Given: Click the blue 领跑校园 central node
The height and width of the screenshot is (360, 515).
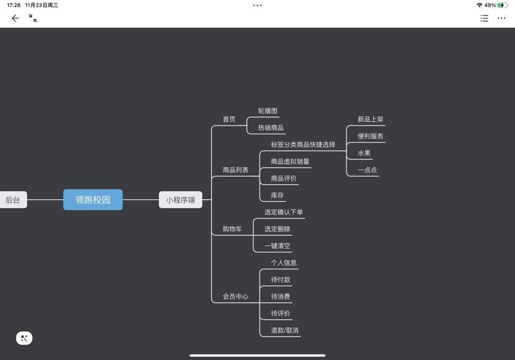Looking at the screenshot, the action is coord(93,200).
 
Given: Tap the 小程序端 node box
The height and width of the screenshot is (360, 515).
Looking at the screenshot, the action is coord(180,200).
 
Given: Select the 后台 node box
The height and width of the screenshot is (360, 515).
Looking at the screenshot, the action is coord(13,200).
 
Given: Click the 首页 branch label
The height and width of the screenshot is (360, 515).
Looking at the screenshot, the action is coord(229,119).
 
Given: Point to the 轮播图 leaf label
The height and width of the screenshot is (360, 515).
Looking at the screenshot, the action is coord(267,111).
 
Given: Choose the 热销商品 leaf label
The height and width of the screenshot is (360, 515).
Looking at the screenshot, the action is coord(271,128).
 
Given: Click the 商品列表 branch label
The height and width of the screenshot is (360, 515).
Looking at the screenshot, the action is coord(236,170).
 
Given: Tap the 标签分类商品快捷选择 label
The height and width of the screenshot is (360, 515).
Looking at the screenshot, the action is coord(303,145).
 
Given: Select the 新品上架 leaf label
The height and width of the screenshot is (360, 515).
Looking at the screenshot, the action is coord(371,119).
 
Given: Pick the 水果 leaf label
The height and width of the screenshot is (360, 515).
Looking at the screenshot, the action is coord(364,153).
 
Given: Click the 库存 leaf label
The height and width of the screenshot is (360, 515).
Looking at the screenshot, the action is coord(277,195).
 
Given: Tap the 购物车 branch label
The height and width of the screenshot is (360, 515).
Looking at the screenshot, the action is coord(232,229).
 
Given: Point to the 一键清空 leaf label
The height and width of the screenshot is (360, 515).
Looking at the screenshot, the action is coord(277,246).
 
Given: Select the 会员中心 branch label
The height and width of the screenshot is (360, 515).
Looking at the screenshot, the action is coord(236,296).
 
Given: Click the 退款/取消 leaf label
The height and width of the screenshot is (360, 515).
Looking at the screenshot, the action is coord(284,330).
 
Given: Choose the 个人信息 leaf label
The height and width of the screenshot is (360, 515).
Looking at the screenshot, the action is coord(284,263).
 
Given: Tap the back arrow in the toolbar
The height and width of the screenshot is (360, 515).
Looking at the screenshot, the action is coord(16,18).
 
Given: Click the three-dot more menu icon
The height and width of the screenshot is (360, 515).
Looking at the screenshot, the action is coord(502,18).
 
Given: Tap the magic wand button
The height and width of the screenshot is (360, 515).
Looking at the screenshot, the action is coord(24,338).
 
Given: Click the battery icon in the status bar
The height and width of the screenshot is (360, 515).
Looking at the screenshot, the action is coord(502,5).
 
